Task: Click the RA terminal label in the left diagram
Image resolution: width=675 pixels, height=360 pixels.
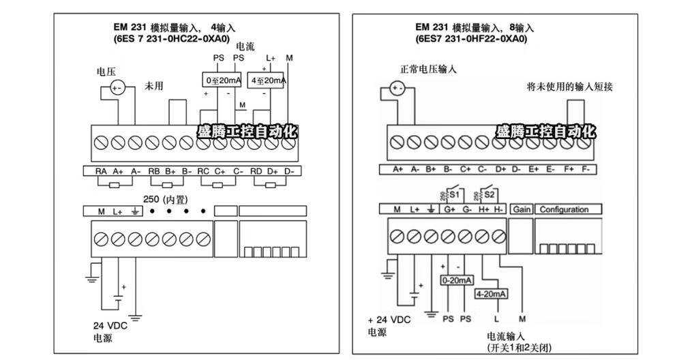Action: pos(100,171)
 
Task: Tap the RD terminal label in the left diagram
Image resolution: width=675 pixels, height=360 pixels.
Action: pos(256,171)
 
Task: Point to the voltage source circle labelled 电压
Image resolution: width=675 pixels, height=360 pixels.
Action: pos(117,88)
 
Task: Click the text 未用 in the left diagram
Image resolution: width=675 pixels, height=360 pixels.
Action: pos(153,87)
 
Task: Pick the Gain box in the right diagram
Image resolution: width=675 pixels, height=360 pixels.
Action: pos(521,209)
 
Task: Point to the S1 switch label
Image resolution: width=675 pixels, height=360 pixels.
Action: pos(456,193)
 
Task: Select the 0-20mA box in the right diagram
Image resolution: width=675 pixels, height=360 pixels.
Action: pos(457,280)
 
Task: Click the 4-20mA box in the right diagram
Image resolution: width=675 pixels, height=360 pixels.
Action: pos(490,294)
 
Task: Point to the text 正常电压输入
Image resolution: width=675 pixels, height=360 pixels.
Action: pos(428,70)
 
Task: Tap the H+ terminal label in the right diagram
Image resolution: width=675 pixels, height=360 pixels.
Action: pos(484,209)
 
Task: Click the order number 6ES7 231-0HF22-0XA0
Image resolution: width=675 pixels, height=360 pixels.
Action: pos(472,40)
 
